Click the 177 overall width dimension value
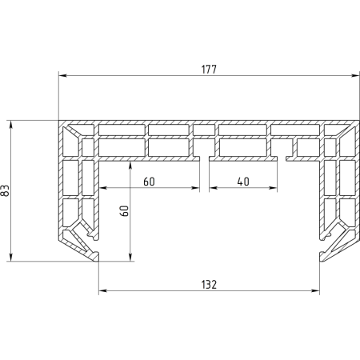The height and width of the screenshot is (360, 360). click(209, 70)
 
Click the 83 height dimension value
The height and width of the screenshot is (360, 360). click(5, 190)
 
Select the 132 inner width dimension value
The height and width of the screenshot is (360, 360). click(209, 285)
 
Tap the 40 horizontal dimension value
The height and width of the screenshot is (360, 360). click(243, 182)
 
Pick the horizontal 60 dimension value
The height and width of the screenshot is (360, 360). click(149, 182)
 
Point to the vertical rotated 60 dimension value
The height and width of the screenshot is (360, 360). click(125, 210)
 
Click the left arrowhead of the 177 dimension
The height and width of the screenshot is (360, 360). click(62, 76)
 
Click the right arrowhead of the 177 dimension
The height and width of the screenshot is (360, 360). click(356, 76)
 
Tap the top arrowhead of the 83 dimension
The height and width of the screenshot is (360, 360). click(10, 124)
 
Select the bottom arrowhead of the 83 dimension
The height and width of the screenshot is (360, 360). click(10, 257)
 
